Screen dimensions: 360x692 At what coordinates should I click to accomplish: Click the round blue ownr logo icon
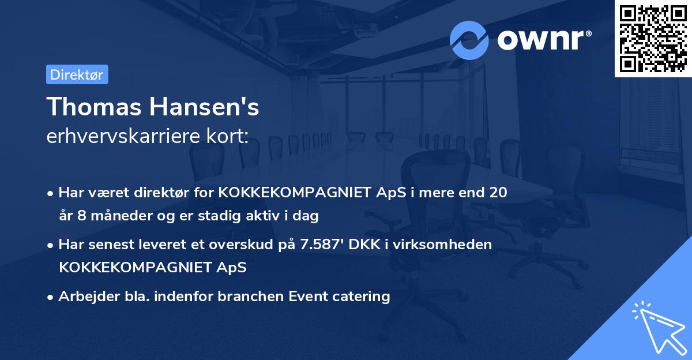tap(469, 40)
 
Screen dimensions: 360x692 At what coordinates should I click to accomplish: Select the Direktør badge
tap(77, 74)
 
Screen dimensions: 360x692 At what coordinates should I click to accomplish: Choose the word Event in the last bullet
tap(309, 297)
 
